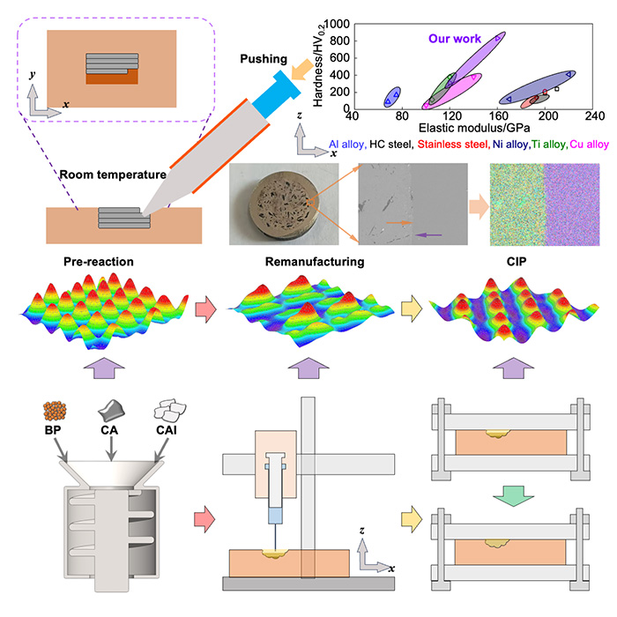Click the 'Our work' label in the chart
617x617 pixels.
[455, 39]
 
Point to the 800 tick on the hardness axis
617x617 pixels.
[339, 41]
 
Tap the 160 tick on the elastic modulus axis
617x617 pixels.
[499, 115]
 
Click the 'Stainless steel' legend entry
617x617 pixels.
[452, 145]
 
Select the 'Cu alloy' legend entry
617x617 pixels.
[589, 145]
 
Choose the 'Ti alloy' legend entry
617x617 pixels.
[549, 145]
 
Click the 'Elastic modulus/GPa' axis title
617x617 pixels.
[474, 128]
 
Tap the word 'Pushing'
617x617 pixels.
[264, 59]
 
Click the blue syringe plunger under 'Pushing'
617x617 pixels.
[277, 93]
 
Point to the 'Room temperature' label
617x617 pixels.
[113, 175]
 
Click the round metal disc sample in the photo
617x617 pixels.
[285, 204]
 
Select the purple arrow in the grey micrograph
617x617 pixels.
[428, 235]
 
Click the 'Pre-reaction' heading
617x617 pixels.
[99, 262]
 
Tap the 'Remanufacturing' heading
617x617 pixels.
[315, 262]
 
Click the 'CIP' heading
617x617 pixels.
[516, 262]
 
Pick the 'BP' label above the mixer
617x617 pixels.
[52, 430]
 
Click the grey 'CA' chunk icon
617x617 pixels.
[111, 411]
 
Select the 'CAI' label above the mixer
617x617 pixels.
[166, 430]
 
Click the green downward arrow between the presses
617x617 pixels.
[513, 495]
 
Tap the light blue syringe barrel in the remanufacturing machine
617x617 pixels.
[275, 516]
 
